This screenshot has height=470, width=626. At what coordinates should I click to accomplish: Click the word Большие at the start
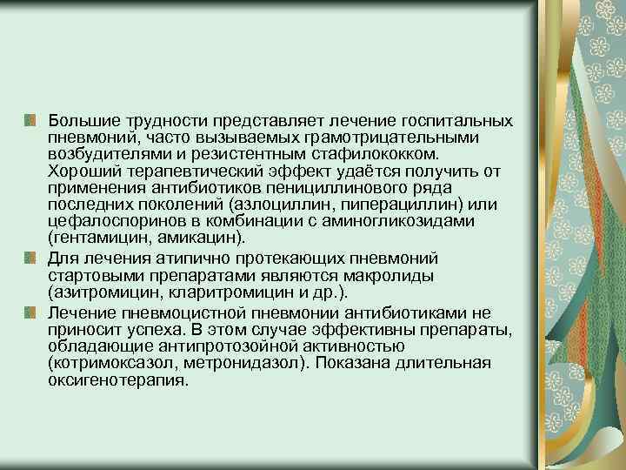[82, 119]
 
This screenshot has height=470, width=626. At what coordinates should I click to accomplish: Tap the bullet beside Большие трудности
[30, 119]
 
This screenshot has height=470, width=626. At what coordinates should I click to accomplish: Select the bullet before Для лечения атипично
[30, 258]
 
